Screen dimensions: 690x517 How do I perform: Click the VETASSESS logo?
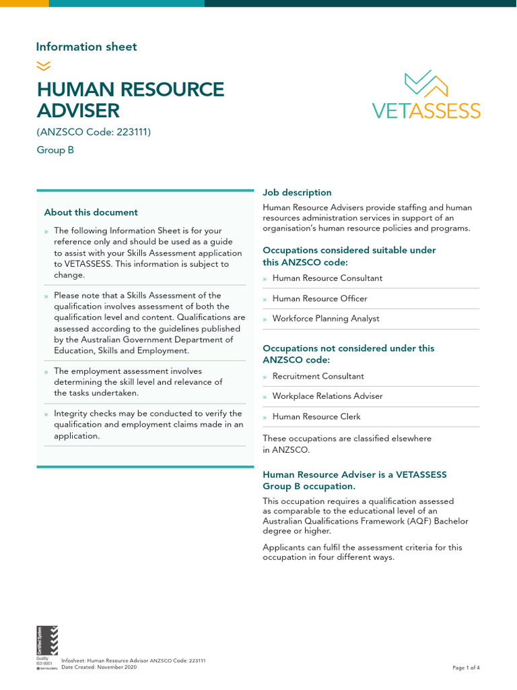pyautogui.click(x=426, y=95)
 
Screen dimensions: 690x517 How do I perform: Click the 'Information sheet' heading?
pyautogui.click(x=86, y=46)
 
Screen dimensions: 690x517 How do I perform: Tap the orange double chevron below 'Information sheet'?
pyautogui.click(x=43, y=65)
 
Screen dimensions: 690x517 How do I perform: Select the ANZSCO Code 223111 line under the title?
pyautogui.click(x=94, y=132)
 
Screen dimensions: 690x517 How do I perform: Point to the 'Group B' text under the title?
pyautogui.click(x=55, y=150)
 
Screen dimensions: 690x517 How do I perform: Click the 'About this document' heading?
pyautogui.click(x=91, y=212)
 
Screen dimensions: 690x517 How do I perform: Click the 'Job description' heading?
pyautogui.click(x=297, y=193)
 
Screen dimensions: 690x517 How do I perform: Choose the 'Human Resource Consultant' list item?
pyautogui.click(x=326, y=278)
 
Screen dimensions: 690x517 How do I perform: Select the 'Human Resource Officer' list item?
pyautogui.click(x=320, y=299)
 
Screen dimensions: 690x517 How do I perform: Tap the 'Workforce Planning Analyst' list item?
pyautogui.click(x=325, y=319)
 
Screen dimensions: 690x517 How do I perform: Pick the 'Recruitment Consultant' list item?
pyautogui.click(x=318, y=376)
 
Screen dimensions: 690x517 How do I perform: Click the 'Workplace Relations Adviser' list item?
pyautogui.click(x=326, y=396)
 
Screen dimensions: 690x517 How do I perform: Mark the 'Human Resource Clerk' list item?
pyautogui.click(x=316, y=416)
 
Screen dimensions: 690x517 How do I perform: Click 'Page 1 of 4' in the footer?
pyautogui.click(x=466, y=668)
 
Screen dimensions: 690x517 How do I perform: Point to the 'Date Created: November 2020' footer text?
pyautogui.click(x=99, y=667)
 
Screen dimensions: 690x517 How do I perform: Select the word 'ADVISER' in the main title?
pyautogui.click(x=78, y=110)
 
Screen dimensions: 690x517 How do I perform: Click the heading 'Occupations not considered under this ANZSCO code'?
pyautogui.click(x=348, y=354)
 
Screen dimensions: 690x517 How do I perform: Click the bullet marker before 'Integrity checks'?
pyautogui.click(x=46, y=414)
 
